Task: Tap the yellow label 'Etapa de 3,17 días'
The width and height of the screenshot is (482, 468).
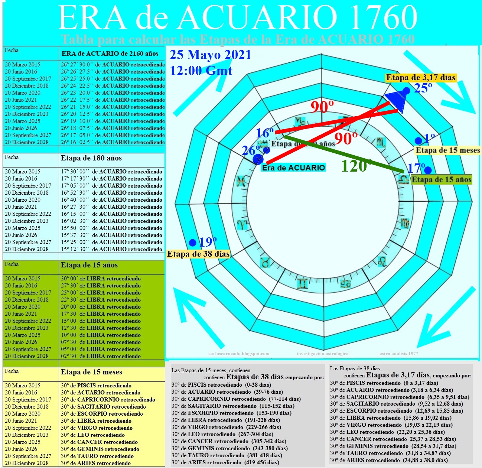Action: point(420,78)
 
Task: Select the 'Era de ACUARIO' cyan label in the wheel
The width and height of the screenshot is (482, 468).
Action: point(293,168)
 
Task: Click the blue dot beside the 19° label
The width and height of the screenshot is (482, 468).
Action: point(192,243)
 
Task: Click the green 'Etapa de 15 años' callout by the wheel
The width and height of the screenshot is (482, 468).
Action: point(442,180)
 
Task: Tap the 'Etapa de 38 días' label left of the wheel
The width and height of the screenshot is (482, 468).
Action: point(198,254)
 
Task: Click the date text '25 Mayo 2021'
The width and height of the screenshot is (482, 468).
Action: point(211,55)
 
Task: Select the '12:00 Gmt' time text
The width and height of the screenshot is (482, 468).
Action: point(201,71)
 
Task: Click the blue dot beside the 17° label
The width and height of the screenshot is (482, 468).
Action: point(428,170)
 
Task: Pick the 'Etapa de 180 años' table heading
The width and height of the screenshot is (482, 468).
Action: point(91,158)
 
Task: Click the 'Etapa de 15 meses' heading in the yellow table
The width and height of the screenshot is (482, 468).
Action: point(91,372)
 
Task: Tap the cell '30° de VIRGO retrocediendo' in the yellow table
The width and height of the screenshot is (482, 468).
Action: point(97,428)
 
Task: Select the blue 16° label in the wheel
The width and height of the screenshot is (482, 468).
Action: point(265,133)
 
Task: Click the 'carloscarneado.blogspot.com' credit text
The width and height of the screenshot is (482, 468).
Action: point(239,354)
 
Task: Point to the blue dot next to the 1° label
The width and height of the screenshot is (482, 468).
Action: point(418,141)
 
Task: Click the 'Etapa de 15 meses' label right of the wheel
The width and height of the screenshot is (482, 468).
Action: point(447,150)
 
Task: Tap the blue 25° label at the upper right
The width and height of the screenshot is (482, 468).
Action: point(423,88)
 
